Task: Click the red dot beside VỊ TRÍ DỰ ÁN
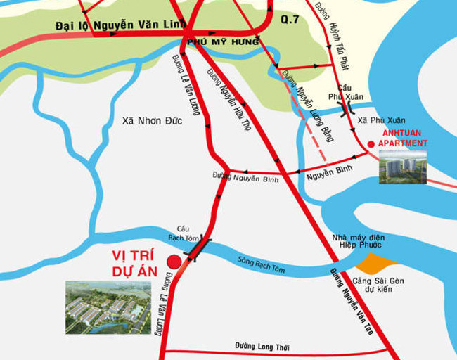click(174, 262)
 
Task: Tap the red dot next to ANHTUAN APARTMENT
click(371, 144)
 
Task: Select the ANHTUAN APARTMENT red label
click(402, 138)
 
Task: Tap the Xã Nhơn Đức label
click(151, 120)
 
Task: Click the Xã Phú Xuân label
click(381, 120)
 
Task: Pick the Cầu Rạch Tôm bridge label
click(184, 233)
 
